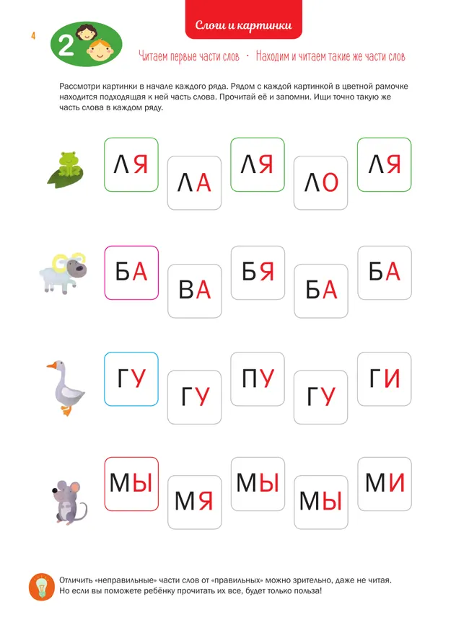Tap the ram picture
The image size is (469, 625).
point(63,272)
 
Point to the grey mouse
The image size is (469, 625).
point(69,500)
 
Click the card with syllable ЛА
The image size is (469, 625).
point(194,184)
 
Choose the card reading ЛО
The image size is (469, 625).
point(321,184)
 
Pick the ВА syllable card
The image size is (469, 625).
point(194,291)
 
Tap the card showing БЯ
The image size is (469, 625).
point(258,272)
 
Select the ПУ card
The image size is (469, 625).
point(258,378)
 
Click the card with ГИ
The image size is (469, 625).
point(385,378)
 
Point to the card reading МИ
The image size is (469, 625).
point(385,483)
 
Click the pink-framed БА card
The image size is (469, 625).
point(131,272)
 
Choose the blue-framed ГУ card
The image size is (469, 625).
point(131,378)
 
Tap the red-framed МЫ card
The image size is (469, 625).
point(131,483)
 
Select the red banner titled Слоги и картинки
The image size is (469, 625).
point(243,27)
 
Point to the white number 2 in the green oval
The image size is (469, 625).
point(65,47)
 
